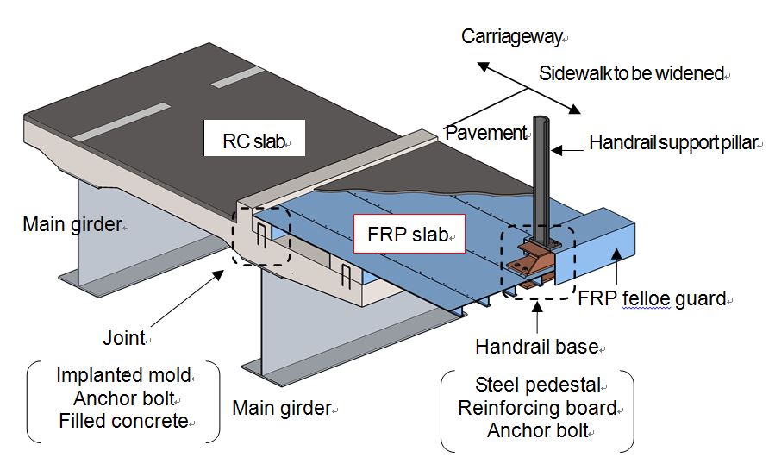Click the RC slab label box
coord(254,139)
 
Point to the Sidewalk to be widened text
coord(632,73)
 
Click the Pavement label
coord(485,132)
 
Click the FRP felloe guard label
coord(653,299)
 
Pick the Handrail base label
coord(536,347)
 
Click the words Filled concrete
coord(122,421)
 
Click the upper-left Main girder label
coord(72,225)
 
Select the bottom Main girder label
coord(282,407)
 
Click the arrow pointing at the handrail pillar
coord(566,149)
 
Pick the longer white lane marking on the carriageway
coord(122,122)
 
